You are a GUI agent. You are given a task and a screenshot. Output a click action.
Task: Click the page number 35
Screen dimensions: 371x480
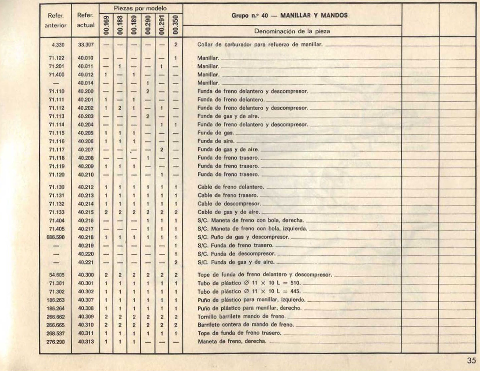click(471, 360)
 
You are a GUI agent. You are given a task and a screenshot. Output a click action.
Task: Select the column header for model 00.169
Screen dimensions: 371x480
click(106, 24)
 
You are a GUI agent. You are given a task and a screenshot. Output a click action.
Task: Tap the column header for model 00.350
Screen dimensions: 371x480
click(176, 24)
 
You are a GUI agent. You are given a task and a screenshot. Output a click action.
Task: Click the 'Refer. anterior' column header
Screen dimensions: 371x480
click(56, 20)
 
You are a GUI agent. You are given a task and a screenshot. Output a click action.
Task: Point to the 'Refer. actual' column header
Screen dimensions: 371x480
click(85, 20)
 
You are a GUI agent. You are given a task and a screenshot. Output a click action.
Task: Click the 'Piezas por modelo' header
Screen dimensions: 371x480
click(141, 8)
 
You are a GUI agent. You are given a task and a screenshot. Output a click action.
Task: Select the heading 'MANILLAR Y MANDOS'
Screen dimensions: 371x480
click(314, 15)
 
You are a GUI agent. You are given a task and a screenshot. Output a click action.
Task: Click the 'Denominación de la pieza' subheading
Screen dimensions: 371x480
click(292, 31)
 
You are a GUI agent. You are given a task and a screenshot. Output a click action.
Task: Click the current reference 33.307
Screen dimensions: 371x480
click(86, 45)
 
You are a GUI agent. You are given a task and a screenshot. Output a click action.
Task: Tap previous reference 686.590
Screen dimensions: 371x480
click(56, 237)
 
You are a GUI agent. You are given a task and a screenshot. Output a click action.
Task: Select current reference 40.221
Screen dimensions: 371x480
click(86, 262)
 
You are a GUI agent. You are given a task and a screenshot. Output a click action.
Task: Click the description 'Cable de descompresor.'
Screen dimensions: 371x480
click(229, 204)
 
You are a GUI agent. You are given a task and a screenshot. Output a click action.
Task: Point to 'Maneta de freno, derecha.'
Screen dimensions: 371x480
click(232, 342)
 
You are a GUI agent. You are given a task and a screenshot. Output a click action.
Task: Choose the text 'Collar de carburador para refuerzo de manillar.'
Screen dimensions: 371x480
click(260, 45)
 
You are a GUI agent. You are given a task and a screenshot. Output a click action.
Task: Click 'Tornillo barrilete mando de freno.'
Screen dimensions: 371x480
click(242, 317)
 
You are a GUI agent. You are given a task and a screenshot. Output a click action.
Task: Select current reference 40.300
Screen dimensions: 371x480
click(86, 275)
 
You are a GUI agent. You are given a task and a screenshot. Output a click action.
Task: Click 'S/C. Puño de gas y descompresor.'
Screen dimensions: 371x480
click(243, 237)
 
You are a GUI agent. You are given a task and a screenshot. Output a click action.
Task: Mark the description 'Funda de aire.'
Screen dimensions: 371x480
click(216, 141)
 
